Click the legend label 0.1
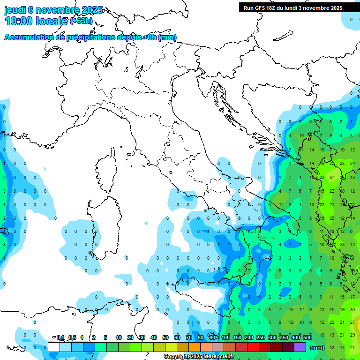click(x=61, y=337)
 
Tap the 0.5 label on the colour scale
click(x=72, y=337)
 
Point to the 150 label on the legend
click(x=237, y=337)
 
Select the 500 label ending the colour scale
click(x=307, y=337)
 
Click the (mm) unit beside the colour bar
click(x=317, y=348)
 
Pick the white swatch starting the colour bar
click(x=54, y=347)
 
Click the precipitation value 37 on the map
click(x=332, y=178)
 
